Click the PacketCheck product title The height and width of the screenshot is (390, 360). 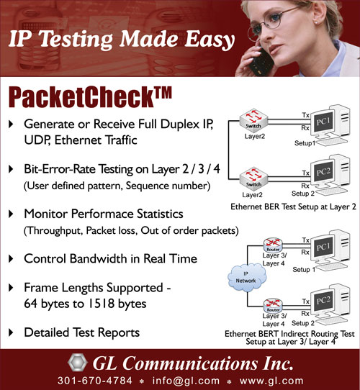(x=90, y=97)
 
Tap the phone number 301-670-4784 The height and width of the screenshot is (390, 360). (x=95, y=381)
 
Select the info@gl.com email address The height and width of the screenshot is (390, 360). (x=186, y=381)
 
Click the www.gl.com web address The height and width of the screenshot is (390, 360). (x=271, y=381)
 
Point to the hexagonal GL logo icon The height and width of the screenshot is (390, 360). (x=78, y=363)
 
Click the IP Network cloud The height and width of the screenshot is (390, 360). (x=247, y=278)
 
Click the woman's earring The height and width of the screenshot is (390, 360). (x=316, y=22)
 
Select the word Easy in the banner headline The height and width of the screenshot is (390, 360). (x=210, y=40)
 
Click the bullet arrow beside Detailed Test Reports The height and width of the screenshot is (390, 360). (x=11, y=332)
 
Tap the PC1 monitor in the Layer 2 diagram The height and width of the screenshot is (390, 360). (x=323, y=122)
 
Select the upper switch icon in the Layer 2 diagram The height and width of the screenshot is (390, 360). (x=253, y=121)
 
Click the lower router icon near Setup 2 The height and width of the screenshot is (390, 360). (x=273, y=306)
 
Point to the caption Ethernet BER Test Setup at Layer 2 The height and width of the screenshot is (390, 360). (x=293, y=207)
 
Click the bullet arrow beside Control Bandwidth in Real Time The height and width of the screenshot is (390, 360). (x=11, y=258)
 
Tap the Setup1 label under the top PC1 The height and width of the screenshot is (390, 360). (x=305, y=143)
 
